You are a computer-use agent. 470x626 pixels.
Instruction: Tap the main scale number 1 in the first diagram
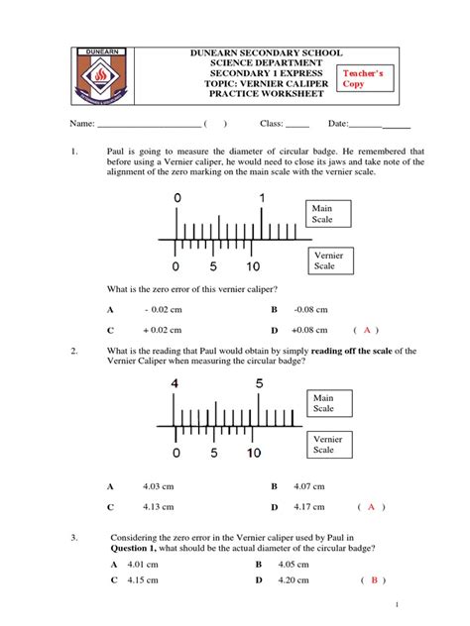pos(263,199)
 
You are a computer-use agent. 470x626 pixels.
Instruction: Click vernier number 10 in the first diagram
pos(254,267)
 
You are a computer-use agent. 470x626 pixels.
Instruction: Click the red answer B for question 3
pos(374,581)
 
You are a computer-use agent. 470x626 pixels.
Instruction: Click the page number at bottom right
pos(397,604)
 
